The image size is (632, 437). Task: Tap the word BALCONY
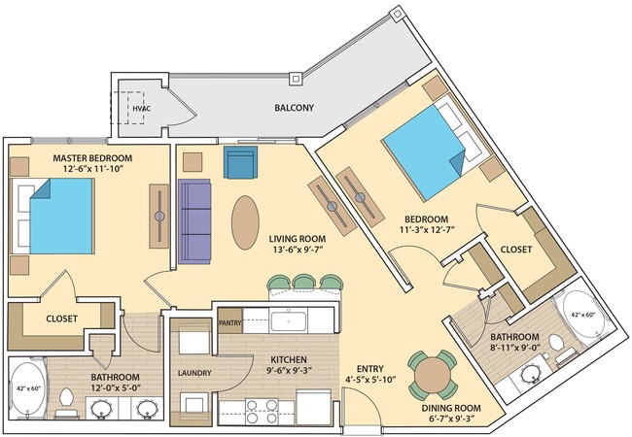point(293,108)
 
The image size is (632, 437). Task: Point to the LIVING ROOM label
point(298,238)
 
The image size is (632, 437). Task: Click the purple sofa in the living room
point(195,223)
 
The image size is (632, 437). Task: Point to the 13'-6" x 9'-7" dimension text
point(298,250)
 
